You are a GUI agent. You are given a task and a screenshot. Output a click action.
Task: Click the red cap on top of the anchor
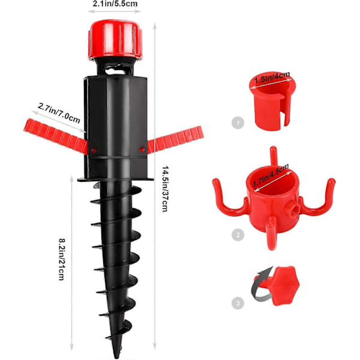pyautogui.click(x=115, y=40)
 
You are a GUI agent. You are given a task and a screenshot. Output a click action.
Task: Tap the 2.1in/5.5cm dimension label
pyautogui.click(x=115, y=4)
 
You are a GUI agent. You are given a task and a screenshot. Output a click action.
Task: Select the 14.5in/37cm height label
pyautogui.click(x=165, y=189)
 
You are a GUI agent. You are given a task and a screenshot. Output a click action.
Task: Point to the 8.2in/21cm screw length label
pyautogui.click(x=62, y=259)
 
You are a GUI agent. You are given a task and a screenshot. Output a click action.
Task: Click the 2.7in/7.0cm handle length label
pyautogui.click(x=59, y=113)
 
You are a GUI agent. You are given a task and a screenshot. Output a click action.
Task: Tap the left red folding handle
pyautogui.click(x=56, y=136)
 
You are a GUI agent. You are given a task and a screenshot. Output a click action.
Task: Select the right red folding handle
pyautogui.click(x=175, y=140)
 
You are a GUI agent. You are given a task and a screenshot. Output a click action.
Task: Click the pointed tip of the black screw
pyautogui.click(x=117, y=356)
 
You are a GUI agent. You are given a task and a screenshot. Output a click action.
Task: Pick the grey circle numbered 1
pyautogui.click(x=238, y=123)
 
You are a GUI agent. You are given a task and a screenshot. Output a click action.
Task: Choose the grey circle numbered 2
pyautogui.click(x=238, y=235)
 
